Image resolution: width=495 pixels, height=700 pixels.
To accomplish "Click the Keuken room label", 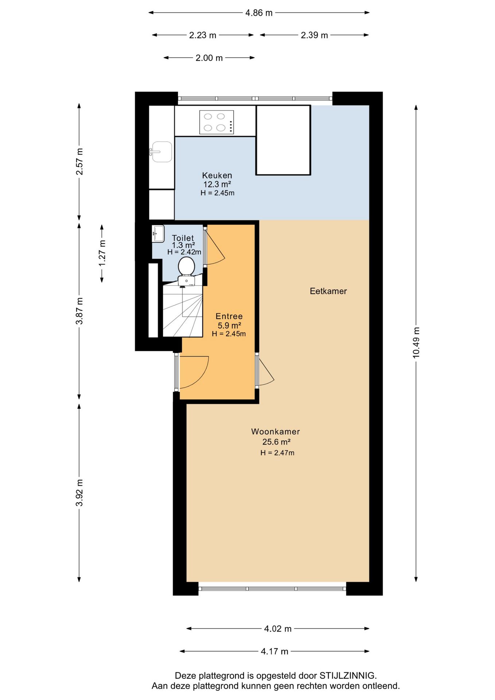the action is (217, 175).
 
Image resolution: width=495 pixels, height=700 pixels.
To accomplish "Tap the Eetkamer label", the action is (328, 291).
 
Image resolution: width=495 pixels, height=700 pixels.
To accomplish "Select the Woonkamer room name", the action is (276, 431).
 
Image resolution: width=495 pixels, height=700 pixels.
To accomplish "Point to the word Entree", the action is (229, 316).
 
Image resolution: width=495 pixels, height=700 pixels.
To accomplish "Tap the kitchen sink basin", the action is (161, 152).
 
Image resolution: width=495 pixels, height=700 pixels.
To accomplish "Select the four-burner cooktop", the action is (217, 122).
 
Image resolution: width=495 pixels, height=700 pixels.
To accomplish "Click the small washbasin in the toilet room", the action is (158, 233).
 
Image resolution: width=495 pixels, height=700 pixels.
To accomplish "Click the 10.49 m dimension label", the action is (416, 343).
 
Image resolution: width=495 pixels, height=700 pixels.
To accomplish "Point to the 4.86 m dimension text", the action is (259, 13).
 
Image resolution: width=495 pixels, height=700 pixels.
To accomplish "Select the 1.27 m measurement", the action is (102, 253).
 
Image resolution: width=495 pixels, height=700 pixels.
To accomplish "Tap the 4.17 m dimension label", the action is (274, 651).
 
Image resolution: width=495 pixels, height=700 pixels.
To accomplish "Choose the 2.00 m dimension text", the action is (209, 58).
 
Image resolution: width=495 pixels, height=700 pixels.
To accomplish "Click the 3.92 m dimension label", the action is (79, 493).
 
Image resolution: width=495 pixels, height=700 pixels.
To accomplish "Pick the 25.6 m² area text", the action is (276, 442).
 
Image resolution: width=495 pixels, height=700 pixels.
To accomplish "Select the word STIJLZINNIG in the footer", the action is (348, 676).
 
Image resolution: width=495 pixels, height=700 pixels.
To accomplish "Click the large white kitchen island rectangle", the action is (283, 140).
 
